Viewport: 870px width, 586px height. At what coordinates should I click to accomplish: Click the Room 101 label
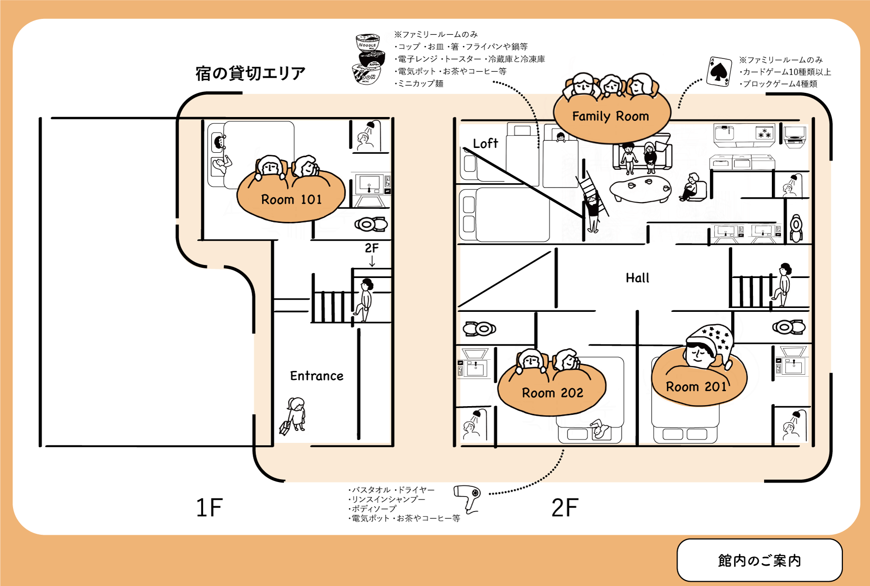click(291, 199)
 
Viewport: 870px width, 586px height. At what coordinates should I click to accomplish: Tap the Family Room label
click(610, 117)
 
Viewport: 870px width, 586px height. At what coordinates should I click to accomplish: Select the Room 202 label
click(552, 393)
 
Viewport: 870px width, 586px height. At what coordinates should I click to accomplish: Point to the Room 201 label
click(696, 387)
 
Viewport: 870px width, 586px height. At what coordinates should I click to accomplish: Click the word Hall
click(637, 278)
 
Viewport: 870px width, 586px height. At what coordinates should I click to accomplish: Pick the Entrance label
click(317, 376)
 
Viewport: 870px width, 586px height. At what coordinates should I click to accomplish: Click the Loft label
click(485, 144)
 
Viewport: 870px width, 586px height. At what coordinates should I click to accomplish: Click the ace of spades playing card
click(719, 72)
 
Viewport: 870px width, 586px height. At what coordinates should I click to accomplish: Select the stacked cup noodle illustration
click(370, 59)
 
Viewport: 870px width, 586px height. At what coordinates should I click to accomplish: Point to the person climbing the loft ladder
click(593, 212)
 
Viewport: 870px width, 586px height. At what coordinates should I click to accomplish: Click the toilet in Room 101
click(371, 224)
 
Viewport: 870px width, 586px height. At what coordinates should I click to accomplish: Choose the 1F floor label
click(209, 508)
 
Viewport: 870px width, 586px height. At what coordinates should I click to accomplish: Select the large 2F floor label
click(565, 508)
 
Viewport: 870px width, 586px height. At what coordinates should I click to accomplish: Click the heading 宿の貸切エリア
click(250, 73)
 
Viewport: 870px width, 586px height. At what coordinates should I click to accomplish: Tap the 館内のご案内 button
click(759, 560)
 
